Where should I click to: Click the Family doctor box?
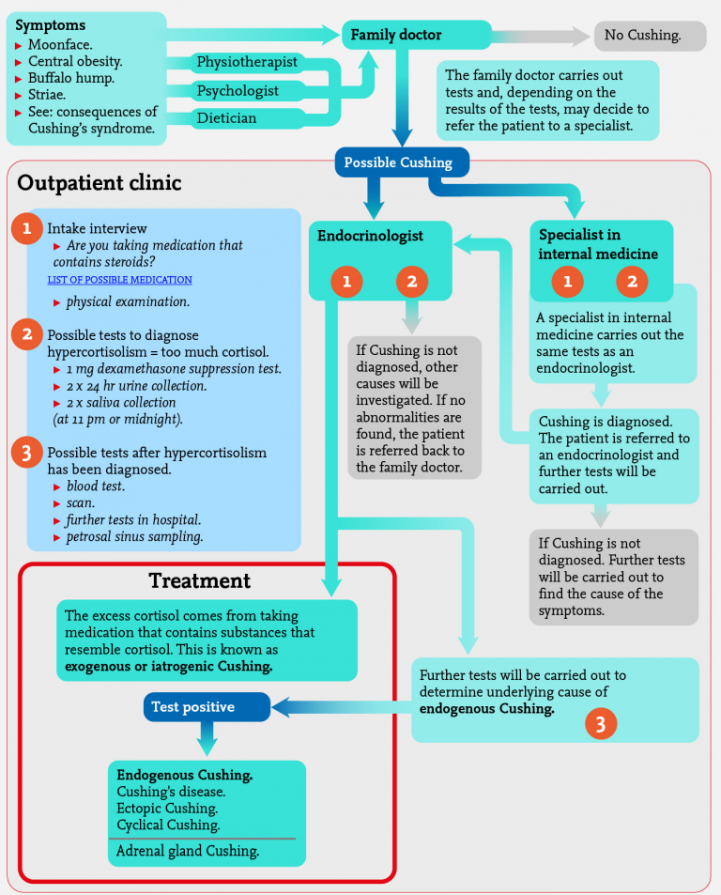click(415, 36)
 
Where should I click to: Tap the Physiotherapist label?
click(247, 62)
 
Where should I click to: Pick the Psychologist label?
click(238, 91)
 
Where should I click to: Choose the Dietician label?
click(226, 118)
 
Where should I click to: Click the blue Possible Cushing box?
click(398, 162)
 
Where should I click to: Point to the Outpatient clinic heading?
click(100, 182)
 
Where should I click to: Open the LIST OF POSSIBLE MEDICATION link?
click(120, 280)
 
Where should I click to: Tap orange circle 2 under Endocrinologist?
click(412, 281)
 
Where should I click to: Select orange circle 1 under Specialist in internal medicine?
click(567, 281)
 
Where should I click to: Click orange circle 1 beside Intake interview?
click(27, 228)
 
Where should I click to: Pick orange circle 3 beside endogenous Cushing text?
click(601, 722)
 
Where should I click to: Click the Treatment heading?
click(200, 580)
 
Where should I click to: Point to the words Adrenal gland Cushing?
click(188, 851)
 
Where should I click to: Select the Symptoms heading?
click(51, 24)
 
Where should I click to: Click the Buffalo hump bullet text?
click(71, 78)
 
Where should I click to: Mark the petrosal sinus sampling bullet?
click(134, 537)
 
